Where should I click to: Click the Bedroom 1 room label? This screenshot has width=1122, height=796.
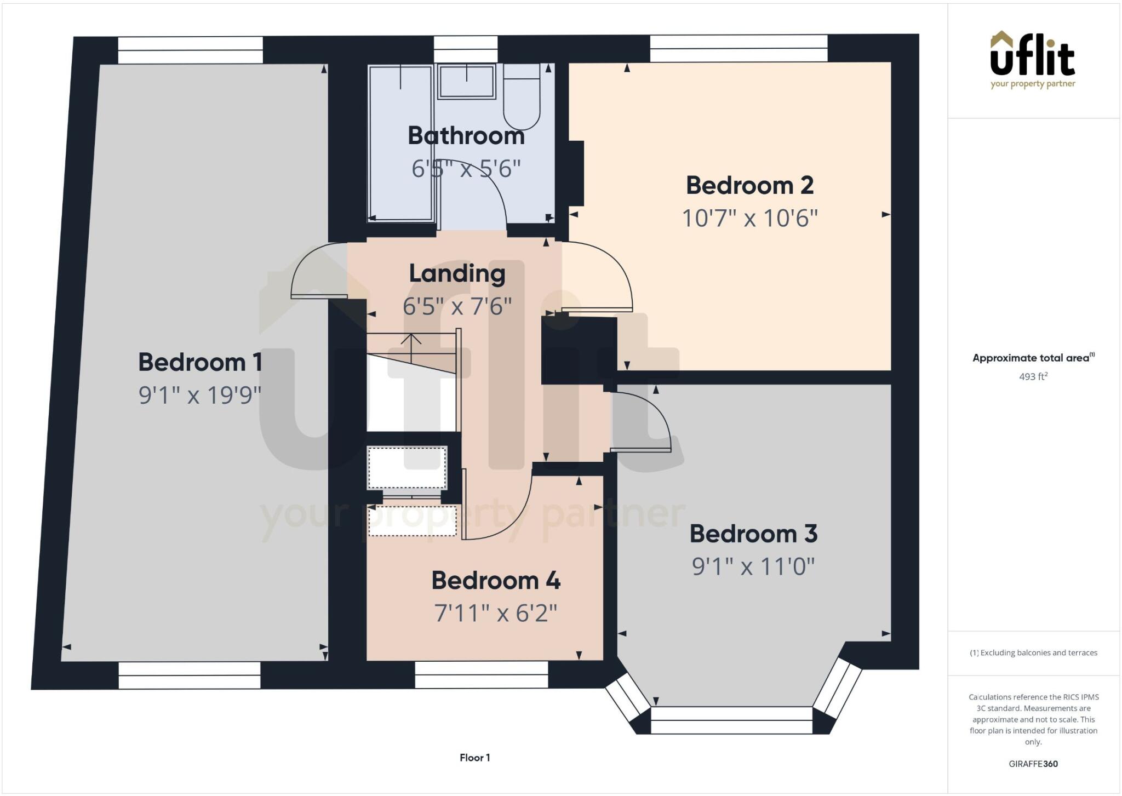pos(200,362)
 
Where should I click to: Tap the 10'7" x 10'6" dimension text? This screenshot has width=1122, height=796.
pos(749,218)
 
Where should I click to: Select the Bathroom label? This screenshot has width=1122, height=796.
pos(466,135)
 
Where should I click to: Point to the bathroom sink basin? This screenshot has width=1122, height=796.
pos(466,81)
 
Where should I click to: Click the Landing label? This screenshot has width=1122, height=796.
pos(457,273)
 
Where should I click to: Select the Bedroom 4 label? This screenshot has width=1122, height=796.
pos(496,580)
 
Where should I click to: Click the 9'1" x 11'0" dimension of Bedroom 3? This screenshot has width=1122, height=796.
pos(753,566)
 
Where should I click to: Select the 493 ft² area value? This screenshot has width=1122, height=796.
pos(1033,376)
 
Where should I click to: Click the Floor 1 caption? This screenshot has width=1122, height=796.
pos(474,758)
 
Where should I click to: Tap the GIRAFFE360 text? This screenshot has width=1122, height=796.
pos(1033,764)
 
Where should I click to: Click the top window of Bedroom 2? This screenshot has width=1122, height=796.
pos(739,48)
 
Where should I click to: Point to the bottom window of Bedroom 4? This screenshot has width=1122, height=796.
pos(481,674)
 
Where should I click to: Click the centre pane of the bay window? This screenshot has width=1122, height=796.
pos(731,720)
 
